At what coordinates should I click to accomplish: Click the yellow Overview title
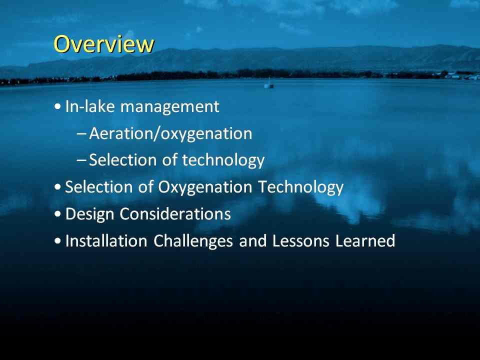point(104,44)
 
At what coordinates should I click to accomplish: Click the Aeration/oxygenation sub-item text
point(170,134)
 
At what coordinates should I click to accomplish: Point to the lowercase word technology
point(223,160)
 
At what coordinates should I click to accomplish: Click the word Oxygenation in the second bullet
point(205,187)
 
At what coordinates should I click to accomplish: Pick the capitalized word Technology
point(301,187)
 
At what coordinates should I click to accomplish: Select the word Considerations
point(175,213)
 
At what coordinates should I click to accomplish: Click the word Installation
point(106,240)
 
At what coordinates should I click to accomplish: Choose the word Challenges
point(193,241)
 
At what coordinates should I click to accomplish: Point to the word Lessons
point(300,241)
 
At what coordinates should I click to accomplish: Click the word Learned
point(365,240)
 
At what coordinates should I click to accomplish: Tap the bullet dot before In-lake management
point(57,107)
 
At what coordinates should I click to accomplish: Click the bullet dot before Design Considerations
point(57,214)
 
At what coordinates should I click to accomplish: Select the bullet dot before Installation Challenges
point(57,241)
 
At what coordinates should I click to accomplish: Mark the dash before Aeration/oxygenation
point(81,134)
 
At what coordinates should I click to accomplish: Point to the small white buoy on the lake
point(269,83)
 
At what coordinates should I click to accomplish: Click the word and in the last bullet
point(252,240)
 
